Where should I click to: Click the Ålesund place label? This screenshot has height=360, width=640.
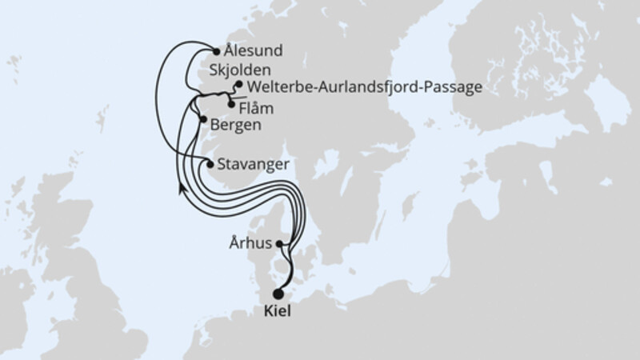(254, 51)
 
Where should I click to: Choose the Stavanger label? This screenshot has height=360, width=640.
(253, 166)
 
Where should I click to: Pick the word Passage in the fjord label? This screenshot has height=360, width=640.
(455, 86)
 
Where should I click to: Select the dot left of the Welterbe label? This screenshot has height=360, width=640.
(238, 83)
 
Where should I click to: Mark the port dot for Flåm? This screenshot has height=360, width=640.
(231, 104)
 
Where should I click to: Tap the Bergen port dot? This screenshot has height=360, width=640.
(201, 121)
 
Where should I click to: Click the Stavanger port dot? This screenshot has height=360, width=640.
(210, 165)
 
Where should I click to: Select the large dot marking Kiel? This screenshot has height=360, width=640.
(278, 294)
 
